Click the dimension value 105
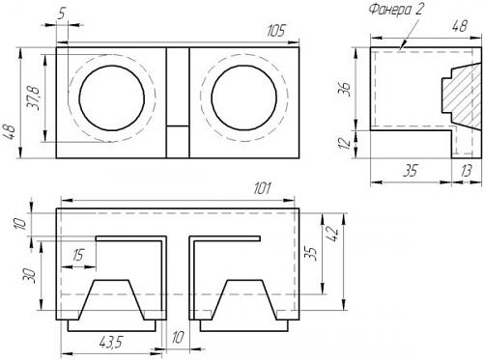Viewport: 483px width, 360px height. [275, 31]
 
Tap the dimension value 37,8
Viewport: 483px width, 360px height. [35, 98]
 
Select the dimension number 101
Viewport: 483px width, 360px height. [262, 189]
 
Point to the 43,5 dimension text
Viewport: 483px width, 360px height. [110, 342]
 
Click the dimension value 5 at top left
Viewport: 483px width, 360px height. [62, 14]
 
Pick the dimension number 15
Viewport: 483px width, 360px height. [77, 255]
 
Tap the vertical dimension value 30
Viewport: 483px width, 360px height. [29, 276]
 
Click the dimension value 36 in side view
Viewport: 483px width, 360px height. [344, 88]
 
